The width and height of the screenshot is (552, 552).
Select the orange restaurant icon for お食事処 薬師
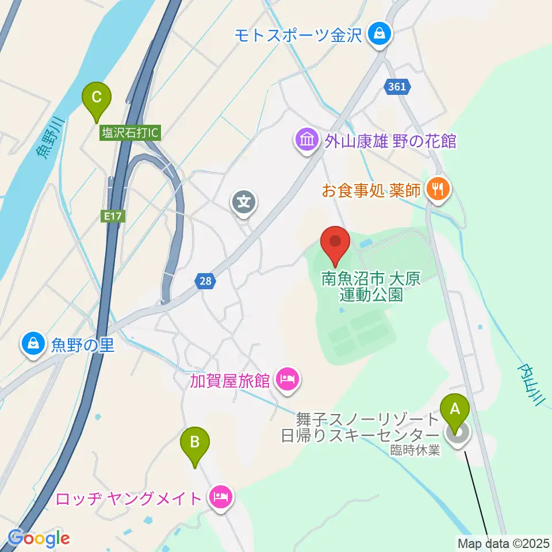coord(438,189)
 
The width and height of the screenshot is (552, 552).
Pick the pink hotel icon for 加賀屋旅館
coord(285,379)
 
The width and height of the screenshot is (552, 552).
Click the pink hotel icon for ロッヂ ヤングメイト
coord(220,497)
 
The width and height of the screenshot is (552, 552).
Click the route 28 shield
coord(205,281)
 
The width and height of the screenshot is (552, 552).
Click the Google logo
coord(39,538)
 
